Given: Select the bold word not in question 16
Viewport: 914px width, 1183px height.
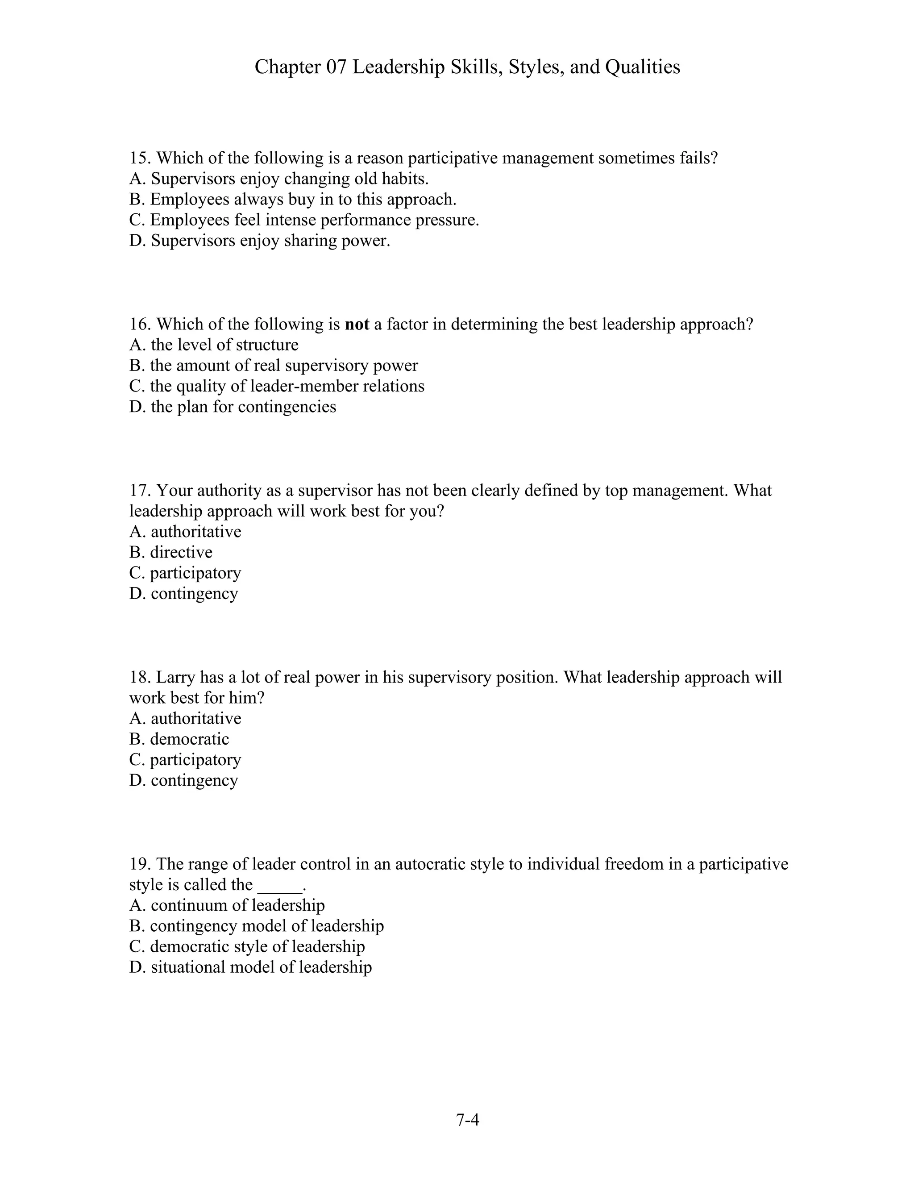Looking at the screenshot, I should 357,325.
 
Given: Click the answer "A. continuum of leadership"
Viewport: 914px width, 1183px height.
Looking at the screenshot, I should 227,905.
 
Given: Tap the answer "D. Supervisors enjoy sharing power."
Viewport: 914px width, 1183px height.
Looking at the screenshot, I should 259,241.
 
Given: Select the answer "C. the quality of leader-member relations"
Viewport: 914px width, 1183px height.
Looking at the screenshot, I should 277,386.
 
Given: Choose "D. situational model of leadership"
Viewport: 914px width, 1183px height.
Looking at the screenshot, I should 250,967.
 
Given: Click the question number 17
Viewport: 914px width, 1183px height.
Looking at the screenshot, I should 139,491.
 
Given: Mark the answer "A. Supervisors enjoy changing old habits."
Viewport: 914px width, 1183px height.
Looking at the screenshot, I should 279,179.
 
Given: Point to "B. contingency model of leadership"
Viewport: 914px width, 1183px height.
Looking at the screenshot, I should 256,926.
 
